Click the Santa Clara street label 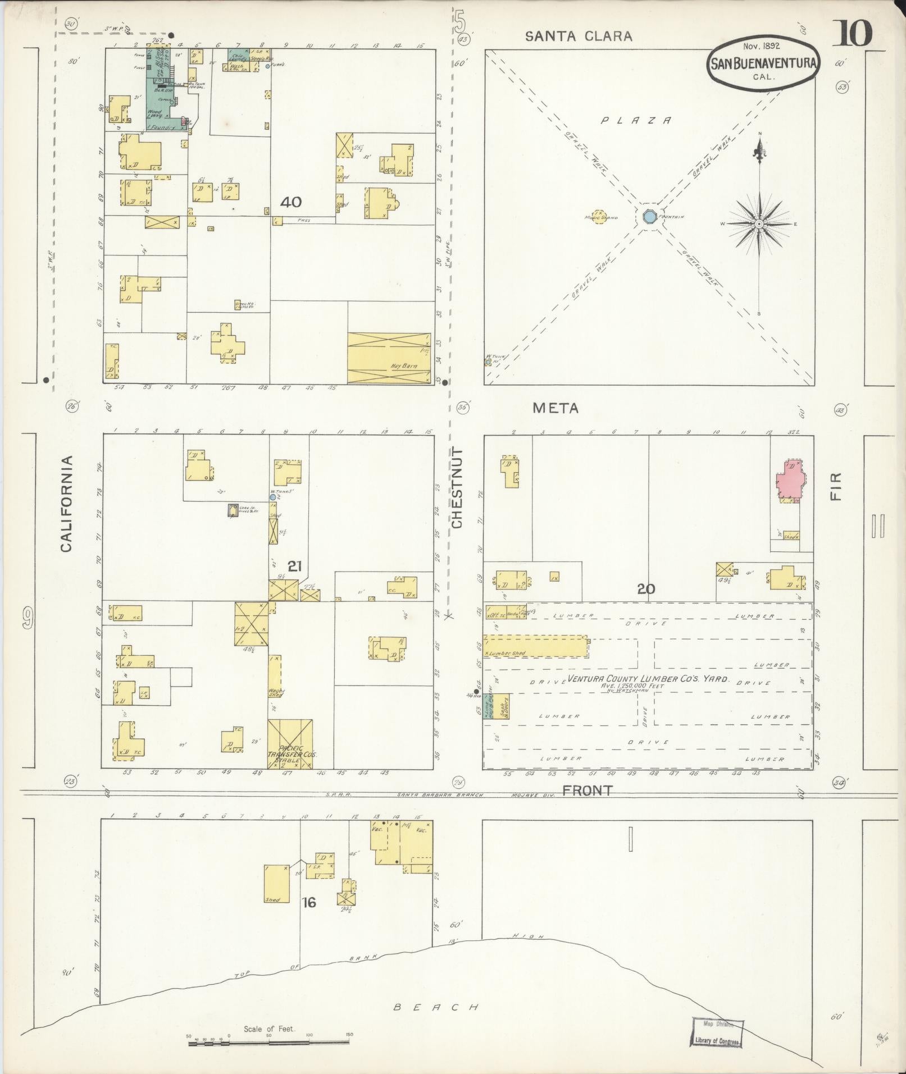coord(579,36)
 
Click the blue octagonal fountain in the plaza coord(649,216)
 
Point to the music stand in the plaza coord(600,216)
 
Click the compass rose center coord(759,223)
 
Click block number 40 coord(290,202)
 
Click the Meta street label coord(555,408)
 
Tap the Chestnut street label coord(457,488)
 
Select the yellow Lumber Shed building coord(535,646)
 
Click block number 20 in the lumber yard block coord(646,589)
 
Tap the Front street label coord(587,790)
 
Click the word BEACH coord(435,1007)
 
